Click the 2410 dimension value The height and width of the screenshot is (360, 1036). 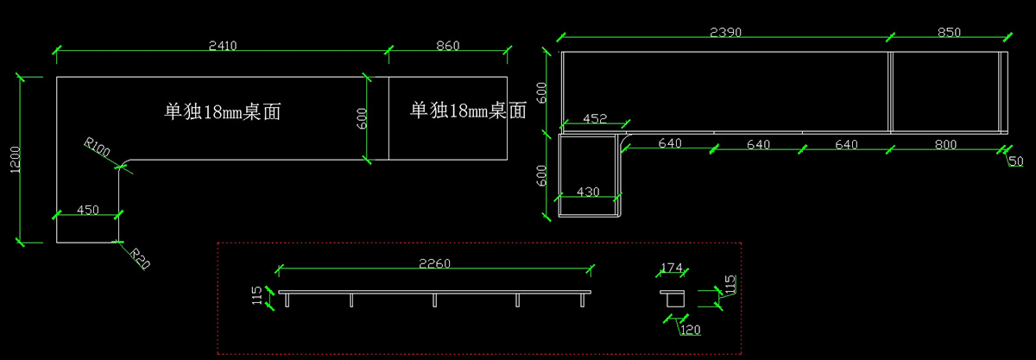point(222,45)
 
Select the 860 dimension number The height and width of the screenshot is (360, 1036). point(447,45)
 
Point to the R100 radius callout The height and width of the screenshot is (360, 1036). point(97,148)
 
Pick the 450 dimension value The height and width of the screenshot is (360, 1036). point(88,210)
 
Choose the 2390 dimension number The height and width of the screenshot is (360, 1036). point(725,32)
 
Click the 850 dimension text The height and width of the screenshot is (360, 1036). point(949,32)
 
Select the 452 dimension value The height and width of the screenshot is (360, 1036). point(595,118)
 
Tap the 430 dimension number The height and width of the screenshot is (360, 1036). point(587,193)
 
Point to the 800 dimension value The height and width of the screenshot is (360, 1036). point(945,144)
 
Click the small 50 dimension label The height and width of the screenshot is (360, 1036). point(1015,161)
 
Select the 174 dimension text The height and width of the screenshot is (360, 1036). point(673,267)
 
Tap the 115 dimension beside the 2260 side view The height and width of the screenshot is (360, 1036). point(256,297)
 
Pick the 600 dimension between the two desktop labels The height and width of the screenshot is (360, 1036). point(362,118)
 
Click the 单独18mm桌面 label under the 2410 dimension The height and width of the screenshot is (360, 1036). point(224,111)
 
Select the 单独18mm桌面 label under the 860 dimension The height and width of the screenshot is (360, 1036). point(468,111)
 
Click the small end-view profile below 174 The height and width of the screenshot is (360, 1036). point(673,298)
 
